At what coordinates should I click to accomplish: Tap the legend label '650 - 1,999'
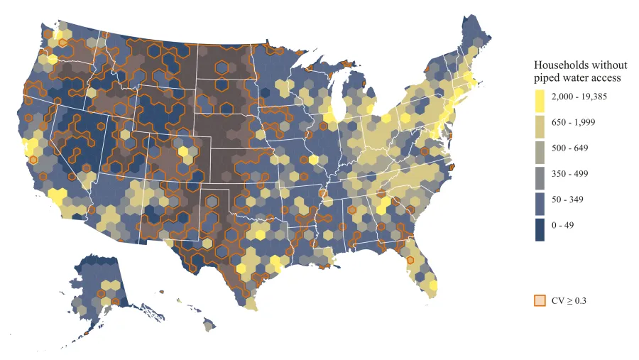pyautogui.click(x=574, y=122)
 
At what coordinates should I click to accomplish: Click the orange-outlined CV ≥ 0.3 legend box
pyautogui.click(x=540, y=300)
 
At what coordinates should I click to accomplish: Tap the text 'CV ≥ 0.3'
pyautogui.click(x=569, y=300)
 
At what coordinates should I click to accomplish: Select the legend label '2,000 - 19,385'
pyautogui.click(x=580, y=96)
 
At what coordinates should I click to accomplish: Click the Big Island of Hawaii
pyautogui.click(x=209, y=324)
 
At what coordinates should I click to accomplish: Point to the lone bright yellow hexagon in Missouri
pyautogui.click(x=313, y=160)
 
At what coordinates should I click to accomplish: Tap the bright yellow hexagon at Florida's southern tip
pyautogui.click(x=433, y=286)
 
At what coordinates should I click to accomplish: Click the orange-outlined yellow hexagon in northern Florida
pyautogui.click(x=408, y=259)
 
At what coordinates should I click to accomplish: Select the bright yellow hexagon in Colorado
pyautogui.click(x=183, y=151)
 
